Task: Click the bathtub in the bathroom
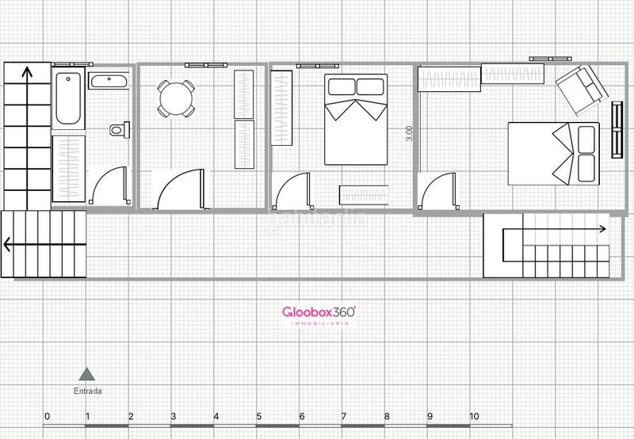click(68, 97)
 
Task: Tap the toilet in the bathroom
click(119, 129)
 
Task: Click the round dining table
click(175, 97)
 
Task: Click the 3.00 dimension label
click(409, 134)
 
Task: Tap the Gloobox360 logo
click(319, 313)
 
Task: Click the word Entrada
click(87, 391)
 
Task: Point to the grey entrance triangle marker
click(87, 373)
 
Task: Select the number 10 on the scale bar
click(474, 416)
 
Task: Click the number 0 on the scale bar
click(47, 416)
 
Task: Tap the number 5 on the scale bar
click(258, 416)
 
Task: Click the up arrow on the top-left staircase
click(26, 75)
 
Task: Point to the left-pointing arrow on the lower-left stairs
click(8, 244)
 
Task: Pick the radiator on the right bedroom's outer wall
click(616, 128)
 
